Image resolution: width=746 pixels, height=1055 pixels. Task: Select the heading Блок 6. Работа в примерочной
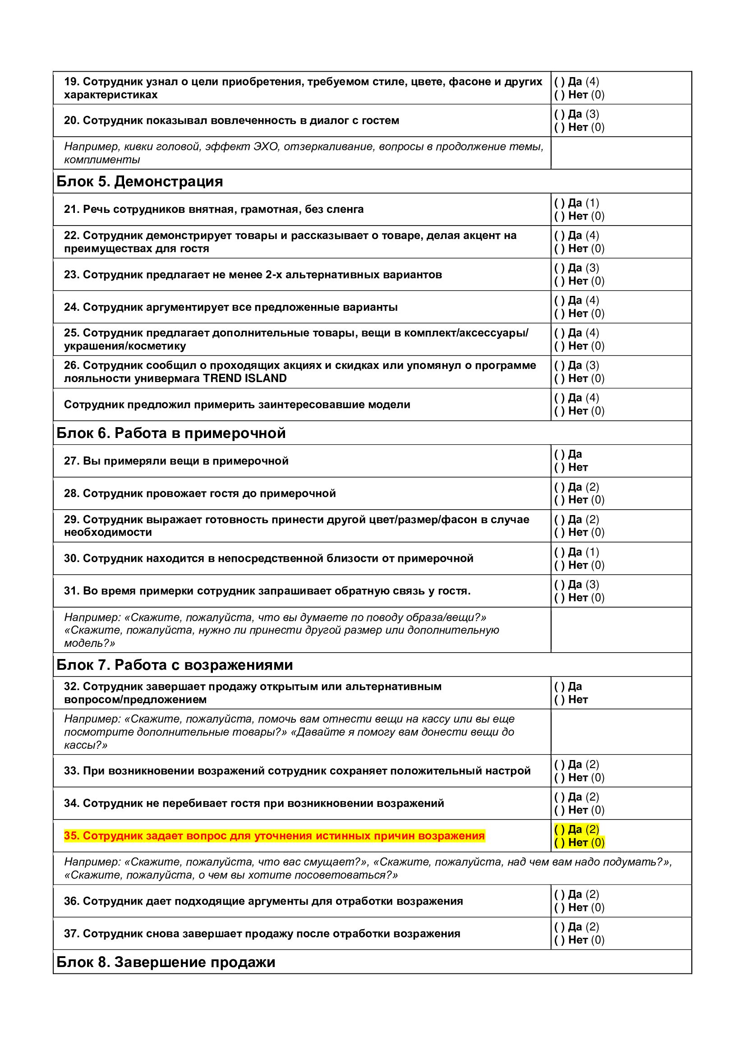click(171, 433)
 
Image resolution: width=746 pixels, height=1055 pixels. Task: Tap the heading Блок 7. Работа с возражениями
click(175, 665)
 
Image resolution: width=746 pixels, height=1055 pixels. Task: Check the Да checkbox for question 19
click(559, 82)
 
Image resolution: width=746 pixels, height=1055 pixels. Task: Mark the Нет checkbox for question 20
click(559, 127)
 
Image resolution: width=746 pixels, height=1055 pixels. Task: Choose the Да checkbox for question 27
click(559, 455)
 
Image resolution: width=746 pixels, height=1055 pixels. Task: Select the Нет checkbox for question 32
click(559, 700)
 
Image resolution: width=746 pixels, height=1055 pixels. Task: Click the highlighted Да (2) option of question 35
click(577, 829)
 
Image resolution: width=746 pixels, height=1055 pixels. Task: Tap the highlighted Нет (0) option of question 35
click(579, 842)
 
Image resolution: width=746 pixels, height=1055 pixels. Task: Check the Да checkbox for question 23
click(559, 268)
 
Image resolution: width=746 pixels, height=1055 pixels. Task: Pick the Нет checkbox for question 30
click(559, 565)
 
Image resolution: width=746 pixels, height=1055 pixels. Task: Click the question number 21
click(72, 209)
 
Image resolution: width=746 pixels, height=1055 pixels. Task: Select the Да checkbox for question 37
click(559, 927)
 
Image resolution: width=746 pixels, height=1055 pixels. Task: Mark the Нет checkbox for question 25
click(559, 346)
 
